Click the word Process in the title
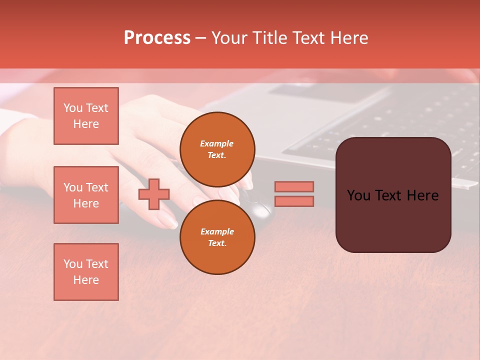(x=157, y=38)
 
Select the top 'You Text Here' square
(x=86, y=116)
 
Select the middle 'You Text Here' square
(x=86, y=195)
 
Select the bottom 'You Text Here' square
(x=86, y=272)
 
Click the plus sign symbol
(x=154, y=194)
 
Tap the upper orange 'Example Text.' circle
(x=217, y=149)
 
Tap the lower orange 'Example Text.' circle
(x=217, y=237)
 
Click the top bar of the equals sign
(x=294, y=186)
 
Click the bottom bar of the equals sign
(x=294, y=201)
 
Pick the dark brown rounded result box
(x=393, y=220)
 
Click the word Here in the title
(x=348, y=38)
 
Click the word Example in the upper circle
(x=217, y=143)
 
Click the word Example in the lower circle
(x=217, y=231)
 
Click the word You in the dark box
(x=359, y=195)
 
